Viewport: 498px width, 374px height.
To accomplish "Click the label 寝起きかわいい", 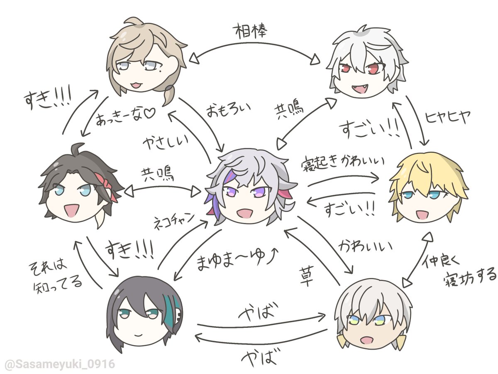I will point(343,163).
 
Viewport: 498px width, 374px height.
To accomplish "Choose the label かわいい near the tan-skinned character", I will point(365,246).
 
